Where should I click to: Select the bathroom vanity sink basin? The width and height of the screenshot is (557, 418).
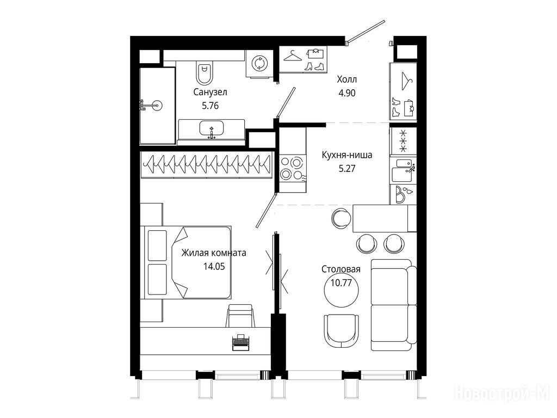[x=212, y=128]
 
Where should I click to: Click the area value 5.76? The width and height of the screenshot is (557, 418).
[x=211, y=106]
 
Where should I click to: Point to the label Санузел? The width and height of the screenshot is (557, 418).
[x=211, y=92]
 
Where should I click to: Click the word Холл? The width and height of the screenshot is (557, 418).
[x=346, y=79]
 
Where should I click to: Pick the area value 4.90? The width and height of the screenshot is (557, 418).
[x=346, y=93]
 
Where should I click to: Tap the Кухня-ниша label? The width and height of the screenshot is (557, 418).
[x=346, y=155]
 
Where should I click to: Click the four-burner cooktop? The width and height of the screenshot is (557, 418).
[x=292, y=169]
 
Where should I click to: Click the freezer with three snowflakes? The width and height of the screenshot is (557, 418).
[x=403, y=141]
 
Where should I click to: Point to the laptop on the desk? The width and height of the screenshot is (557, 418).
[x=241, y=342]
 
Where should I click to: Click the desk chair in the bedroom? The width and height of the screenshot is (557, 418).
[x=241, y=315]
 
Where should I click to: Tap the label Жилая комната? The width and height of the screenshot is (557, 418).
[x=213, y=253]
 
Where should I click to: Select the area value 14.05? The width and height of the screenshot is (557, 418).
[x=214, y=266]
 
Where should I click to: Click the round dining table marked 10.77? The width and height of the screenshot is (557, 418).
[x=341, y=290]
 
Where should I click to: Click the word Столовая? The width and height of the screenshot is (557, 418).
[x=341, y=269]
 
